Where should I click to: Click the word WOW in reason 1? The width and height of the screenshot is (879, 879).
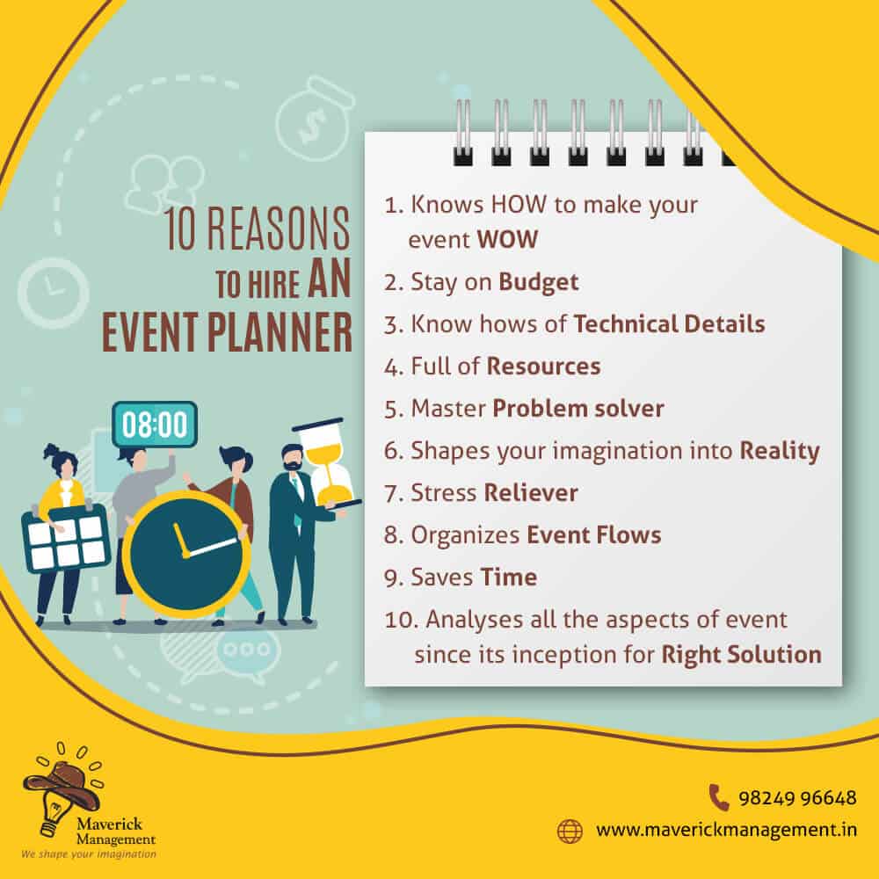(507, 239)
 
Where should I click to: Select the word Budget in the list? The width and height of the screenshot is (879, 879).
(538, 282)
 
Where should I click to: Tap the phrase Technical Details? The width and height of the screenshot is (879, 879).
(669, 324)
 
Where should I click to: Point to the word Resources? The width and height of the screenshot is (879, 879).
(543, 366)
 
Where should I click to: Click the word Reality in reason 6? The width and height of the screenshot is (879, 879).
(779, 451)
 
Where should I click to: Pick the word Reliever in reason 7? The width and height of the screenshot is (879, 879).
(530, 493)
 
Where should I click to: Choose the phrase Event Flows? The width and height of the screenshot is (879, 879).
(593, 534)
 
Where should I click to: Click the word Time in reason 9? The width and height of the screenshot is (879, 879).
(508, 577)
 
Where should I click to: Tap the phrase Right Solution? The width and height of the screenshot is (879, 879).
(741, 655)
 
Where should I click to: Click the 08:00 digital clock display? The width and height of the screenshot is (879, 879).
(154, 424)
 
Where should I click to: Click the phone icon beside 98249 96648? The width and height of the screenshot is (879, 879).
(719, 797)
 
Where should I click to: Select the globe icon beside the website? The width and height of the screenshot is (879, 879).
(570, 831)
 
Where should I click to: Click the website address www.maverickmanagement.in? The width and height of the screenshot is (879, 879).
(726, 831)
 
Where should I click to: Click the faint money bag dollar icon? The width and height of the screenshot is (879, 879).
(315, 120)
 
